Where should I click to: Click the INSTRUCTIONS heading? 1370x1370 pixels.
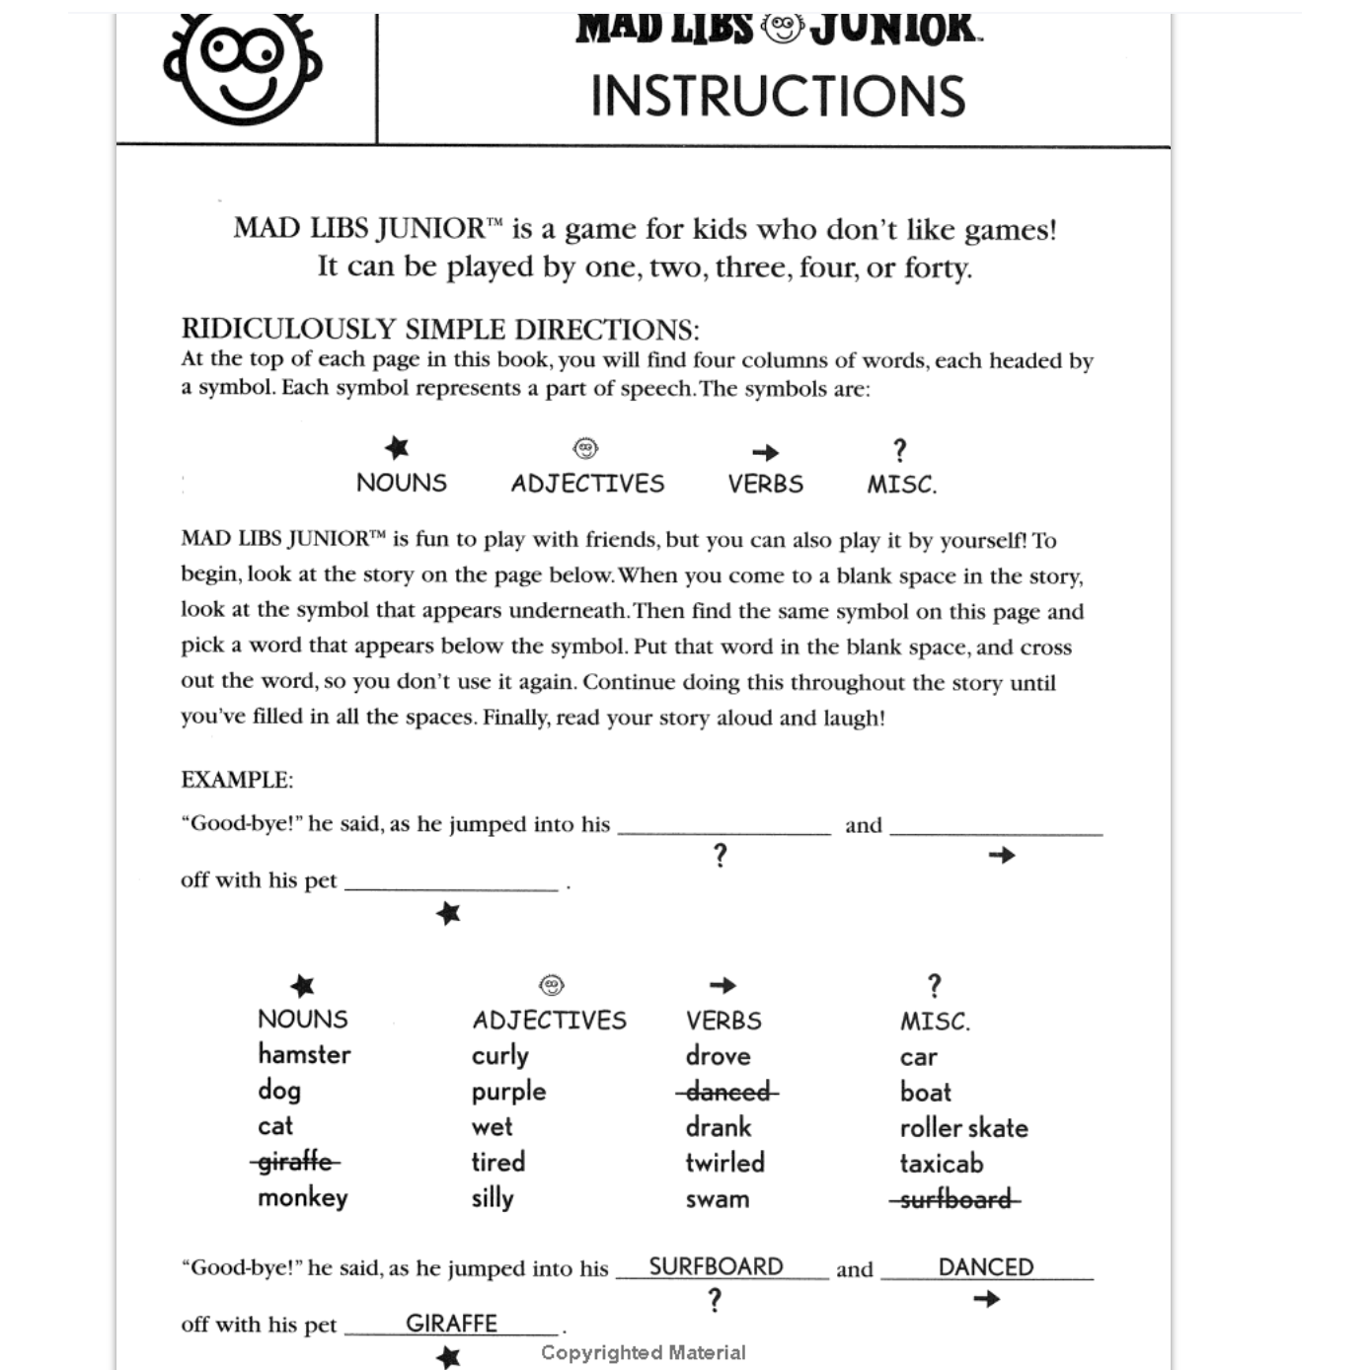point(778,97)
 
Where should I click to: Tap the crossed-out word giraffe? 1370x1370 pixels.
point(294,1162)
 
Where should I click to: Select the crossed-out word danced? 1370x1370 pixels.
point(727,1092)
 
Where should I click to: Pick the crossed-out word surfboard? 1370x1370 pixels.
point(954,1199)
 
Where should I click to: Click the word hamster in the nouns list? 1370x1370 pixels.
point(304,1054)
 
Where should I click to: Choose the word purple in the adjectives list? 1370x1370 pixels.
point(508,1092)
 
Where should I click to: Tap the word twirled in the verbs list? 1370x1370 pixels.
point(724,1163)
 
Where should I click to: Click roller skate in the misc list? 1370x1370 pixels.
point(963,1127)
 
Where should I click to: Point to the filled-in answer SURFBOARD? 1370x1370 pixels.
point(716,1266)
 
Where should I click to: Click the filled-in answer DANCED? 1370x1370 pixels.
point(985,1267)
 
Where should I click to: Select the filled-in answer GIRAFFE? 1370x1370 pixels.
point(451,1323)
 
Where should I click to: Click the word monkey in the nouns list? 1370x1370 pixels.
point(302,1197)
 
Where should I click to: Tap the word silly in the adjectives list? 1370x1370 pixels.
point(493,1198)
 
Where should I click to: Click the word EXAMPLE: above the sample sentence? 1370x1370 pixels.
point(237,780)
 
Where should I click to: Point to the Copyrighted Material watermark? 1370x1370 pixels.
point(643,1352)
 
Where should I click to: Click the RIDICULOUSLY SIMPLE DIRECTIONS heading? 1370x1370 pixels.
point(440,329)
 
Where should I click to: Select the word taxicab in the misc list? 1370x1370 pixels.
point(941,1164)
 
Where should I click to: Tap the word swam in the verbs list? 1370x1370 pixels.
point(717,1199)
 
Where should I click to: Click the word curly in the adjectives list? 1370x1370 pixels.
point(499,1056)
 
